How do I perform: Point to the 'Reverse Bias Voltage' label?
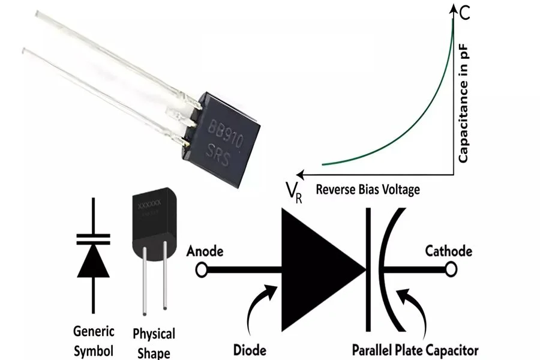click(x=368, y=189)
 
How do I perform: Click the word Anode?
click(x=206, y=251)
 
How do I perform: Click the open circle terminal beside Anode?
click(x=202, y=271)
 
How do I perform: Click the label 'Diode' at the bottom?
click(x=250, y=349)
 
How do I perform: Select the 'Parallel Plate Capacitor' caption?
click(x=415, y=349)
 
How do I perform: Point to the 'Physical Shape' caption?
click(x=154, y=342)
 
